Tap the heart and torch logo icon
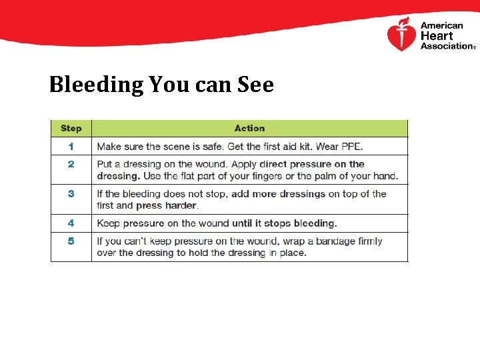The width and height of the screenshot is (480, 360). (401, 35)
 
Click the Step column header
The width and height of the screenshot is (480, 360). (71, 128)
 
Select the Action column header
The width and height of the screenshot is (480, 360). (249, 128)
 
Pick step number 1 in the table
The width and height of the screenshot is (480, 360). (71, 146)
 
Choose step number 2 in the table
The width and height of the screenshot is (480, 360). (71, 164)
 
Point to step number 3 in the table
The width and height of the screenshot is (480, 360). (71, 194)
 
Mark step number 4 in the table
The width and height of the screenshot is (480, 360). (71, 223)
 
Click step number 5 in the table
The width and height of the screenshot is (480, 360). (71, 241)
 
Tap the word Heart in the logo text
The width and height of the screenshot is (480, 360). (436, 36)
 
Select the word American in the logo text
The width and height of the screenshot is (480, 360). (441, 26)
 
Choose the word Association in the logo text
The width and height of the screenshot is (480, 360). (445, 46)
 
